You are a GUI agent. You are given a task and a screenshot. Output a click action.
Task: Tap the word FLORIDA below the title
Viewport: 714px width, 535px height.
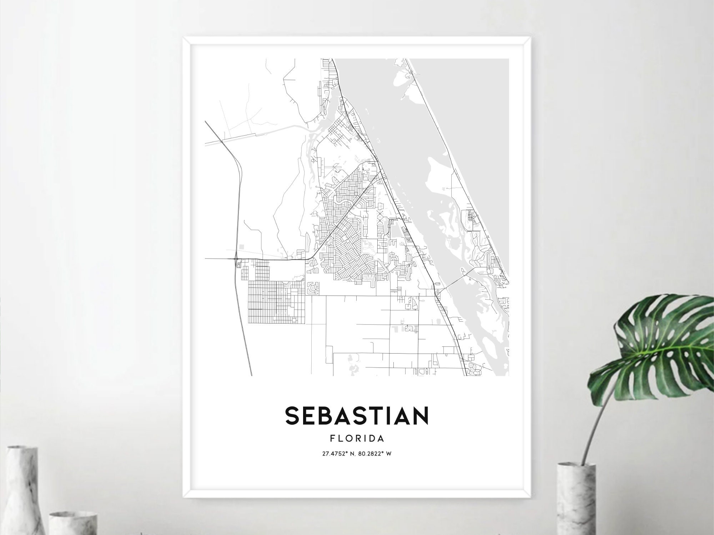(357, 438)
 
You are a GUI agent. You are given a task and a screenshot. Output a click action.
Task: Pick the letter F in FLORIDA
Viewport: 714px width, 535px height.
(332, 438)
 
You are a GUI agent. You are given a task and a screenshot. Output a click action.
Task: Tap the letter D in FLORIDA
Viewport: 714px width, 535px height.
(371, 438)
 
